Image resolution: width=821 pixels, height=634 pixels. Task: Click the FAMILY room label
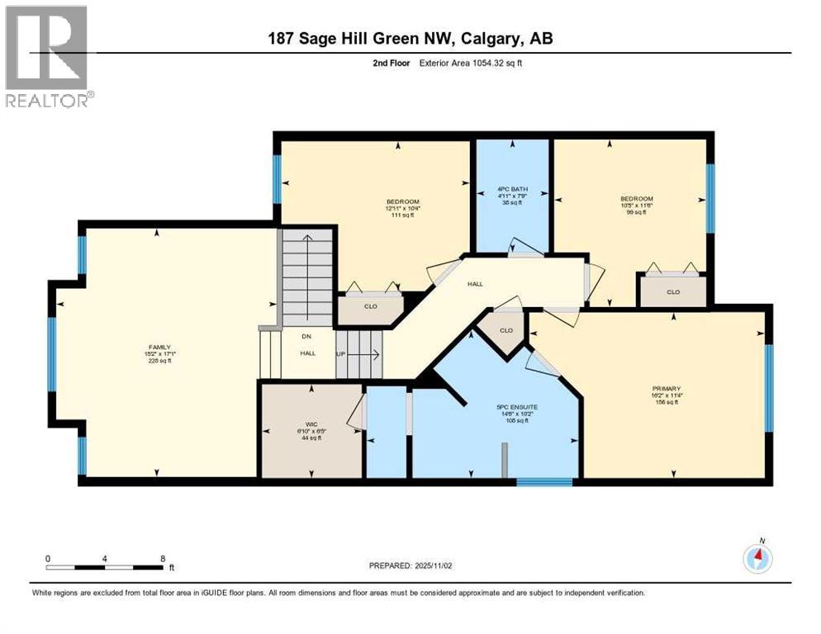tap(159, 348)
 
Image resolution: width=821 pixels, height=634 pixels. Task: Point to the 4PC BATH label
tap(510, 187)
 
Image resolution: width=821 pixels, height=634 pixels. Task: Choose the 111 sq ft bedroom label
tap(403, 202)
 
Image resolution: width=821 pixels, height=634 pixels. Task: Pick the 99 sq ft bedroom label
tap(637, 198)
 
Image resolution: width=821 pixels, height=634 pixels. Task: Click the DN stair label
tap(283, 337)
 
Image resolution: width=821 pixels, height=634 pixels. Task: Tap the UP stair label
tap(341, 356)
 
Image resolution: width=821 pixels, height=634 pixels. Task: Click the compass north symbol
tap(757, 558)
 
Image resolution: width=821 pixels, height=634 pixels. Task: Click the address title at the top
tap(410, 39)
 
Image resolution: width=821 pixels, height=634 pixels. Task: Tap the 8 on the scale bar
tap(162, 558)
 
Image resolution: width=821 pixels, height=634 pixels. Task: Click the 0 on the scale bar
tap(49, 558)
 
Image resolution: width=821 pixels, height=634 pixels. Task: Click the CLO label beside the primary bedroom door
tap(505, 330)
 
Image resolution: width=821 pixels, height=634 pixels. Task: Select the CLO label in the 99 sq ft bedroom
tap(672, 291)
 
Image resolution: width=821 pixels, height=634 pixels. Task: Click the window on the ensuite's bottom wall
tap(543, 481)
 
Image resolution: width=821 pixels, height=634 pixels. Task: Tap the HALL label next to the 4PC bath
tap(475, 283)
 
